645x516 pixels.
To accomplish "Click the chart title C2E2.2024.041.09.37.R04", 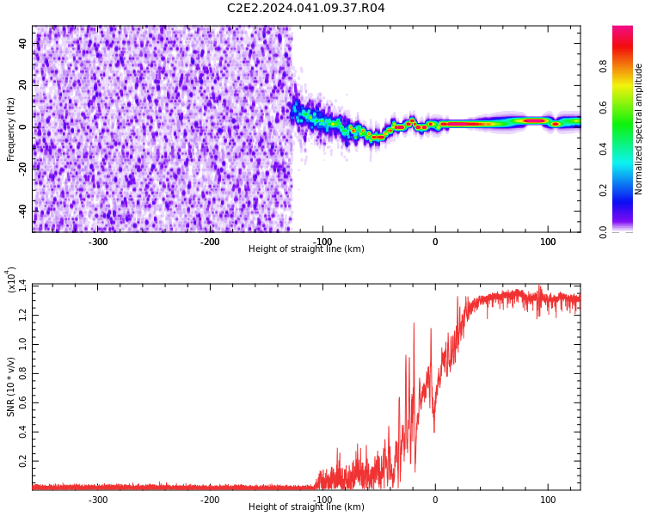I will tap(305, 9).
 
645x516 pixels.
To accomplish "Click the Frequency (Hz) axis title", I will tap(11, 129).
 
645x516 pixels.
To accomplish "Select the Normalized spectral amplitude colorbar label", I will tap(639, 129).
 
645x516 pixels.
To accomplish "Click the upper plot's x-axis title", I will tap(306, 249).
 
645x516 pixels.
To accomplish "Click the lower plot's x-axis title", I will tap(306, 507).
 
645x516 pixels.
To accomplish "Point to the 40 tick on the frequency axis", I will tap(23, 43).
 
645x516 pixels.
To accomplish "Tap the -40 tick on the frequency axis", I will tap(21, 211).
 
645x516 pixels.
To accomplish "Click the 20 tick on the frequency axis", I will tap(23, 85).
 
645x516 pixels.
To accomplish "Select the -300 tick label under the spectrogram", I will tap(98, 242).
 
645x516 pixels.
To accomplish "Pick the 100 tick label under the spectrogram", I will tap(547, 242).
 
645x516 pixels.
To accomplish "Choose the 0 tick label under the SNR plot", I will tap(435, 500).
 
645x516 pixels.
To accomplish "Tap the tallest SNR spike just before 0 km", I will tap(415, 323).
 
